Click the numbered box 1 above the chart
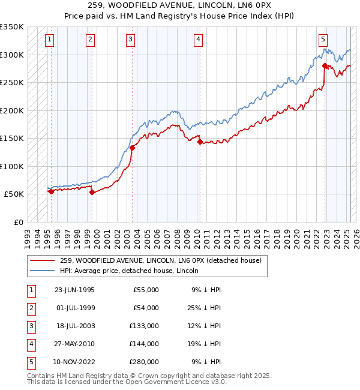[49, 40]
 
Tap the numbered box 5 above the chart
[323, 40]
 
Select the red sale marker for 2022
[325, 65]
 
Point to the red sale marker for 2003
[132, 148]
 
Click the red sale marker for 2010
[200, 142]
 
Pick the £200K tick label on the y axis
[12, 110]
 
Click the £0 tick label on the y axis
[18, 222]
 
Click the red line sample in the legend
[42, 261]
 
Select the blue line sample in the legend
[42, 271]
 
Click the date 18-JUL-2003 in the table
[74, 326]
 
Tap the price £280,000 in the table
[144, 362]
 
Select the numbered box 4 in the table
[30, 344]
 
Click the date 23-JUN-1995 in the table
[74, 290]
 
